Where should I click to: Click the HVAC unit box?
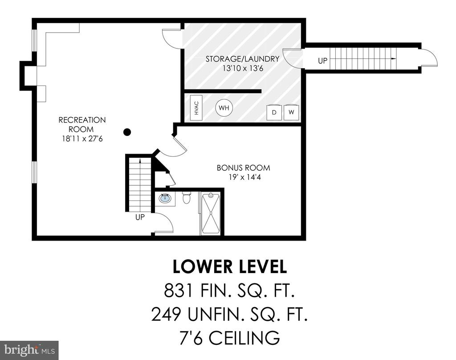(196, 107)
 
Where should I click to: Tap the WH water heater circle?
(224, 108)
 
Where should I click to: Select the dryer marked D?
(274, 112)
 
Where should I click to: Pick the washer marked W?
(291, 112)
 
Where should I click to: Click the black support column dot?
(127, 132)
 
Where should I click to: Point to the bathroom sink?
(165, 199)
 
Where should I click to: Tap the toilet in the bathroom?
(186, 198)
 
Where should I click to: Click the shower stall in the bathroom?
(212, 213)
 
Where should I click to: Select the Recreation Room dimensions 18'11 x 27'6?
(82, 139)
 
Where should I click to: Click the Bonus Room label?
(244, 168)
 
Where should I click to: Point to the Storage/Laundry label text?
(243, 59)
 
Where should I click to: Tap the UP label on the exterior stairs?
(322, 61)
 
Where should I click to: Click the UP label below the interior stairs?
(140, 217)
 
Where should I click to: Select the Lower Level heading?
(230, 267)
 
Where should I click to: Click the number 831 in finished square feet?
(178, 290)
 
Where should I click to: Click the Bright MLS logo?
(29, 350)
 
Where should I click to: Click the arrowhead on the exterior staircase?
(394, 59)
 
